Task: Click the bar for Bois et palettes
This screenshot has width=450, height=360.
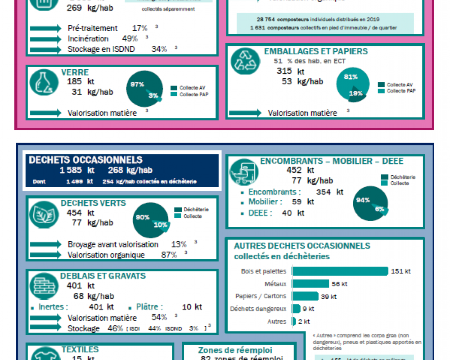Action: (340, 271)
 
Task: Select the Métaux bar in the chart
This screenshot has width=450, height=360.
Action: (310, 284)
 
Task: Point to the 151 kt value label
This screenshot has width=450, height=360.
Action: (401, 271)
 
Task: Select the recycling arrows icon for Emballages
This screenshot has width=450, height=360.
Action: (245, 60)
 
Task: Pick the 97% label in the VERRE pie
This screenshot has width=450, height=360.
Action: (137, 84)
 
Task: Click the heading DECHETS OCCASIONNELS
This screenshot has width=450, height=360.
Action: (85, 160)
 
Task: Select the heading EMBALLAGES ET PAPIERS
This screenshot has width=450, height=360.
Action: (315, 51)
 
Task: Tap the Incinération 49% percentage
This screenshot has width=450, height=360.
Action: (130, 39)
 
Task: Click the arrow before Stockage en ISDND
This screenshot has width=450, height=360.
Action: (45, 49)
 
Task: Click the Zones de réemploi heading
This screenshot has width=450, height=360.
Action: (235, 350)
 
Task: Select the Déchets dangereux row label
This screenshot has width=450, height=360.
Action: (258, 309)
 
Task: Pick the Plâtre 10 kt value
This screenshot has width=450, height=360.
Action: (192, 307)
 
